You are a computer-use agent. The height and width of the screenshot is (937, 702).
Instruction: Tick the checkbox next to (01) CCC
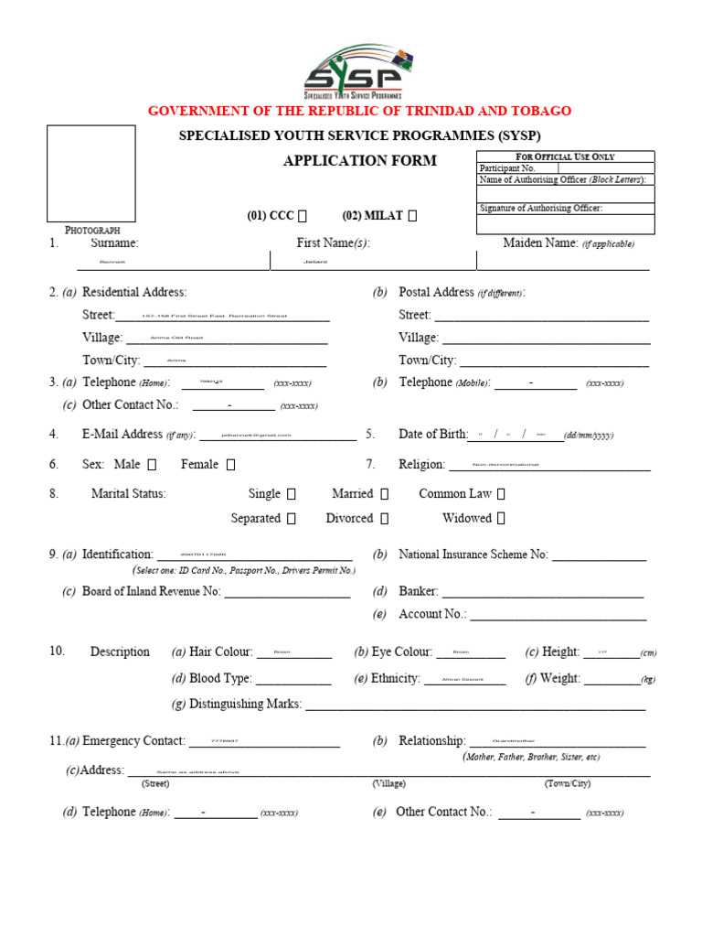click(303, 216)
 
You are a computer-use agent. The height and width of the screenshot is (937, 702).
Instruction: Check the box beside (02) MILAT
click(412, 216)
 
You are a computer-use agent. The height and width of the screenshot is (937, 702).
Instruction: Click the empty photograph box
click(91, 174)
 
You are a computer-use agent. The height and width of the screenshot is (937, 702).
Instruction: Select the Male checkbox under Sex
click(152, 465)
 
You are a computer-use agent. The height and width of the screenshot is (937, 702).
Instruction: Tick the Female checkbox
click(230, 465)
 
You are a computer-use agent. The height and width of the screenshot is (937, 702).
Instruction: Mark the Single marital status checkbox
click(292, 494)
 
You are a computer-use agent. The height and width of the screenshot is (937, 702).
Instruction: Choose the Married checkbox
click(384, 494)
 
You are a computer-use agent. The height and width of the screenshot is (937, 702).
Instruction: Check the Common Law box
click(501, 494)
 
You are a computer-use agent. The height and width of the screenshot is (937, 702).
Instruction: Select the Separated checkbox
click(292, 519)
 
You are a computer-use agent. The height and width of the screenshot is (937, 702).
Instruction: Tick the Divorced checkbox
click(384, 519)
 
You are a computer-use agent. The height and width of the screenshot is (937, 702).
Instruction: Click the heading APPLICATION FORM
click(359, 161)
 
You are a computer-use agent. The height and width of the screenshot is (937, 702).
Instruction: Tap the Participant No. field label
click(507, 168)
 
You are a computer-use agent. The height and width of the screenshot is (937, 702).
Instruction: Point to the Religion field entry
click(548, 465)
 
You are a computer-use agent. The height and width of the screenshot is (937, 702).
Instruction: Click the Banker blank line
click(543, 593)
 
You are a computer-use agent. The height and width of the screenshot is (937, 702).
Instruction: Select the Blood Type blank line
click(292, 680)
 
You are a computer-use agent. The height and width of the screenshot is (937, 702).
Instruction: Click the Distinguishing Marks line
click(474, 705)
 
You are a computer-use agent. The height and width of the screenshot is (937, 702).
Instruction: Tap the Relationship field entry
click(557, 742)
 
